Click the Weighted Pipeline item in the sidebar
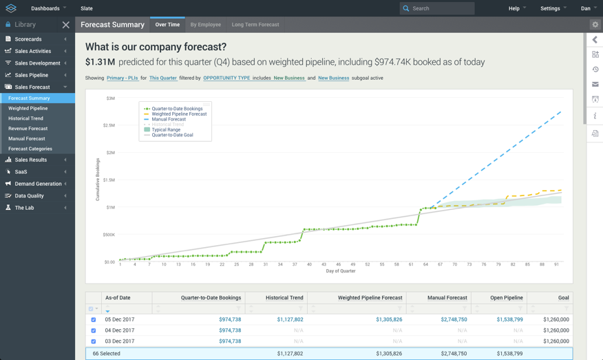click(28, 108)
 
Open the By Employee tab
click(205, 25)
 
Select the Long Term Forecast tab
click(255, 25)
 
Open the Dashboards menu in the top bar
click(48, 8)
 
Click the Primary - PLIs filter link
click(123, 78)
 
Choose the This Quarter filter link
click(163, 78)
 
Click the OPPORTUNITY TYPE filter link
click(226, 78)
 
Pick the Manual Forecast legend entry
click(169, 119)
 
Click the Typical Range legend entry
click(166, 129)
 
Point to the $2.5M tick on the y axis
click(109, 125)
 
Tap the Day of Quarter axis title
click(341, 271)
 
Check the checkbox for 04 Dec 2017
click(94, 330)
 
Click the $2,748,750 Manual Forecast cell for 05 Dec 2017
click(454, 319)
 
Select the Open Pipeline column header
click(506, 297)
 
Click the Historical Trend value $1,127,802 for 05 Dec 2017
click(290, 319)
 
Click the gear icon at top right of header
click(595, 25)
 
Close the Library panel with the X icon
click(66, 25)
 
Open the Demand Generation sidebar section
click(38, 184)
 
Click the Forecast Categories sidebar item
click(30, 149)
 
